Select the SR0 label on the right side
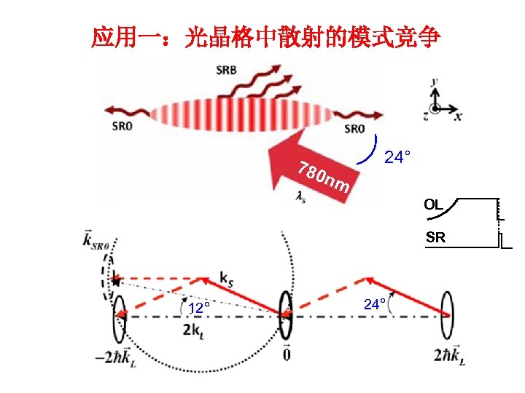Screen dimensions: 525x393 click(354, 129)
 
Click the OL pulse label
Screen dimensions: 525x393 click(433, 205)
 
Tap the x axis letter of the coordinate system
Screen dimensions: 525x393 click(458, 116)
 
